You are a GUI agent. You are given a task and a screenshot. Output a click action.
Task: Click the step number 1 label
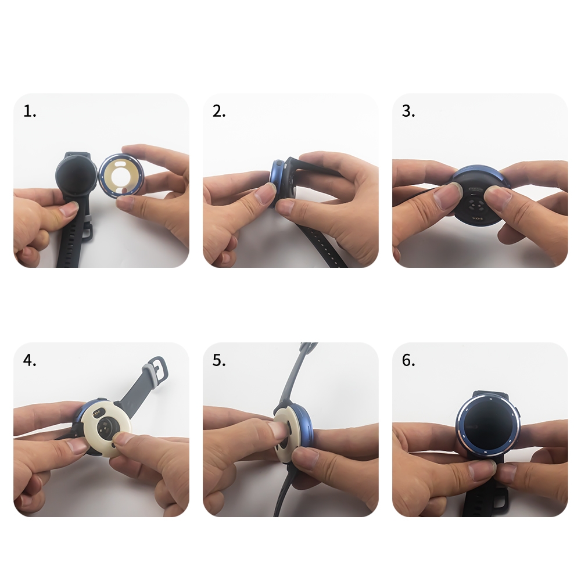tap(30, 111)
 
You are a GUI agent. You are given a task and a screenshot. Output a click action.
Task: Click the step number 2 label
tap(219, 111)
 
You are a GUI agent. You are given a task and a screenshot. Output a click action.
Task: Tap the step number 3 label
tap(408, 111)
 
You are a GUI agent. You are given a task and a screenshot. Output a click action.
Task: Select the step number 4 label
tap(30, 360)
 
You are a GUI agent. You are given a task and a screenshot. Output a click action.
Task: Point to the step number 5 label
tap(219, 360)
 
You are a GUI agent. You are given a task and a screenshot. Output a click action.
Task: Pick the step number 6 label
tap(408, 360)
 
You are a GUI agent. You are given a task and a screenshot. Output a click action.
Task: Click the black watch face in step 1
tap(76, 175)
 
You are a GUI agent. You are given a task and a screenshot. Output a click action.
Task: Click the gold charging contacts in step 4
tap(98, 413)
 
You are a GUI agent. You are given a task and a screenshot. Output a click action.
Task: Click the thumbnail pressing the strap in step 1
tap(69, 209)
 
